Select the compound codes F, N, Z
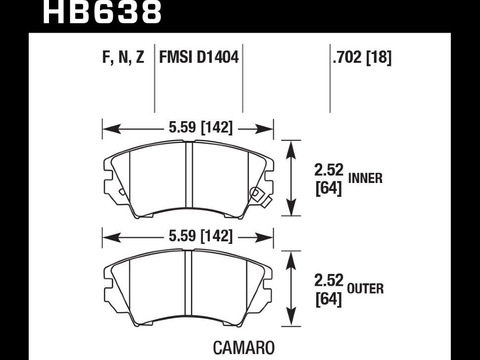(123, 58)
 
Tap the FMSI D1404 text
(199, 58)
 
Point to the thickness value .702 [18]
(362, 58)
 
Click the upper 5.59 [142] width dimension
(200, 128)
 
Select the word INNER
(365, 179)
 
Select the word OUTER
(365, 289)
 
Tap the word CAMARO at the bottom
(243, 348)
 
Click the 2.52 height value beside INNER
(329, 170)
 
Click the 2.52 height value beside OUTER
(329, 280)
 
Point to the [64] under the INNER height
(329, 189)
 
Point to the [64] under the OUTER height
(329, 299)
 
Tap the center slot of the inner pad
(189, 176)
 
